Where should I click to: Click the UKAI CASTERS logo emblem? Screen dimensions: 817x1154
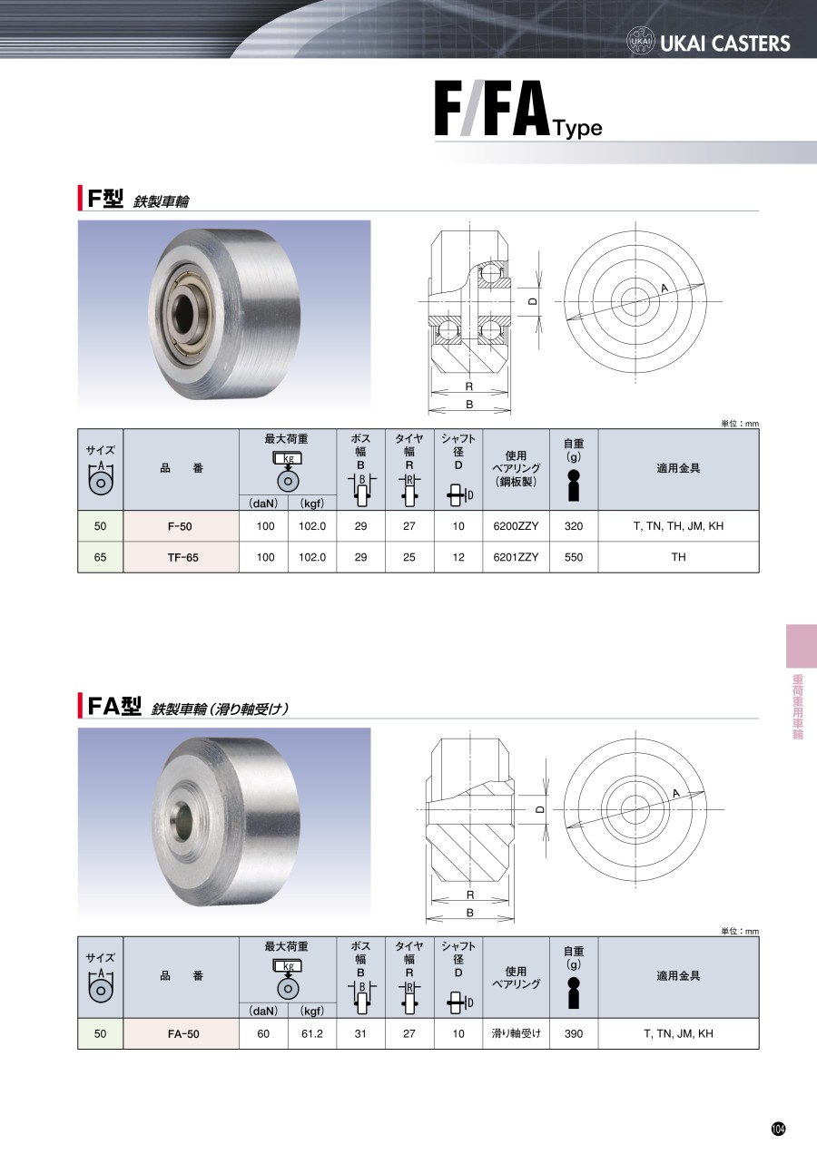(641, 41)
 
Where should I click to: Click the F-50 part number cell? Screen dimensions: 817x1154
(180, 526)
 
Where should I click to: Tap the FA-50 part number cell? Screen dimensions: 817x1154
(183, 1034)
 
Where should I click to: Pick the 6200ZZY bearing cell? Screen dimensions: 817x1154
(516, 526)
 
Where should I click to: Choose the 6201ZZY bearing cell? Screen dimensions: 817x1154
(516, 557)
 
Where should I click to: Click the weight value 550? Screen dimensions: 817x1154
(573, 557)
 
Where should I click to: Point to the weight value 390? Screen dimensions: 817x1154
(573, 1033)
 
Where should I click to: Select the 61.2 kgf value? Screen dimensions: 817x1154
(312, 1033)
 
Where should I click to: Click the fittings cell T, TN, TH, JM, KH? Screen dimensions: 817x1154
(678, 526)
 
